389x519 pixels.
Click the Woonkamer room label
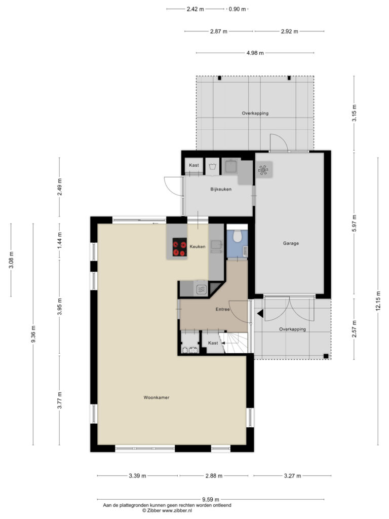[157, 397]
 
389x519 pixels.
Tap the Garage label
[291, 243]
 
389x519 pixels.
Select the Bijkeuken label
[221, 190]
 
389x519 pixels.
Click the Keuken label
[198, 247]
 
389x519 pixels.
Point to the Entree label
[223, 310]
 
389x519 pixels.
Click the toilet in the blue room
[237, 236]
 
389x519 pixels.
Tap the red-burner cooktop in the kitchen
[180, 247]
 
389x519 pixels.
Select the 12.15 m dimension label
[378, 301]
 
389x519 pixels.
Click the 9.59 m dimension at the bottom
[211, 499]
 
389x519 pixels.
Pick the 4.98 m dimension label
[255, 53]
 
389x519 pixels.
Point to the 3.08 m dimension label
[11, 260]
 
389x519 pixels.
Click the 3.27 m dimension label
[292, 476]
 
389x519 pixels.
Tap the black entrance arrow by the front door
[260, 313]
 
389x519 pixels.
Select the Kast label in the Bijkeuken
[194, 165]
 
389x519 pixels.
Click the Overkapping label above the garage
[255, 113]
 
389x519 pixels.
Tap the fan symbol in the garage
[263, 170]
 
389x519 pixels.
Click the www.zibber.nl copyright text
[167, 511]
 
